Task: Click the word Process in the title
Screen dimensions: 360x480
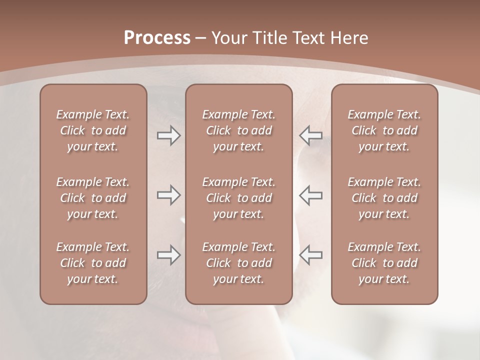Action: pos(157,38)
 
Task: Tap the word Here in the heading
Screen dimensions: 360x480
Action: pos(349,38)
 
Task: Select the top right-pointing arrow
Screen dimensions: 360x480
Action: pos(169,135)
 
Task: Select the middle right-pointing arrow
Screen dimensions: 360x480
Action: pos(169,195)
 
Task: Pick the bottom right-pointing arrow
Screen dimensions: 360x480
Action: pos(169,255)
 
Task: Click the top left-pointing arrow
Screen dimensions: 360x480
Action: pos(311,135)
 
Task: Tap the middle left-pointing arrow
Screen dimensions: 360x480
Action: pos(311,195)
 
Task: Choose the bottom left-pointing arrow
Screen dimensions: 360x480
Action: pos(311,255)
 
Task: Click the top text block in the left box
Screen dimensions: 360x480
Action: pos(93,130)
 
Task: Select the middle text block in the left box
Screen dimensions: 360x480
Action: pos(93,198)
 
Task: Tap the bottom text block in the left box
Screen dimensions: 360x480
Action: pos(93,263)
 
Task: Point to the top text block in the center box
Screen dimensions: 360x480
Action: pos(238,130)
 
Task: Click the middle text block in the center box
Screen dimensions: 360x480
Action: pos(238,198)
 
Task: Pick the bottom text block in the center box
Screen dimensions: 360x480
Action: pos(238,263)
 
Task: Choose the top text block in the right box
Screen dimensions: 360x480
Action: pos(384,130)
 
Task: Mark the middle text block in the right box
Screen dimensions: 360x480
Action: pos(384,198)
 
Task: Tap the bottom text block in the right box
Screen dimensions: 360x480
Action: pos(384,263)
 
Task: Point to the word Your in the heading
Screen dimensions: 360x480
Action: pos(230,38)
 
